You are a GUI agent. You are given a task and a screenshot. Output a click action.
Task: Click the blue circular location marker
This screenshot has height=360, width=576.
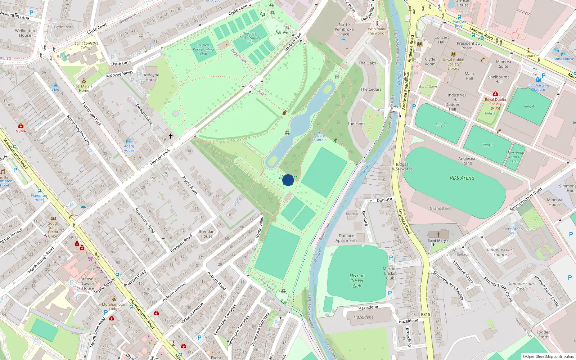[288, 180]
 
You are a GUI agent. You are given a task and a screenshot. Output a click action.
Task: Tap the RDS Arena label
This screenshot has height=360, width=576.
[462, 178]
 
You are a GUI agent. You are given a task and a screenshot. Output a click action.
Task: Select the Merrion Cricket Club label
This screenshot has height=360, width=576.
[357, 281]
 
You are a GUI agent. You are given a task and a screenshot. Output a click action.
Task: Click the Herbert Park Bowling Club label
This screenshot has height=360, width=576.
[203, 50]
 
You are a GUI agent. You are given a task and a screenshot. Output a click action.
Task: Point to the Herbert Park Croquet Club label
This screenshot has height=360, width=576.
[250, 38]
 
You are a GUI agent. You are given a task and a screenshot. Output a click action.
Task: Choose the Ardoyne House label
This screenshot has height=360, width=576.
[151, 77]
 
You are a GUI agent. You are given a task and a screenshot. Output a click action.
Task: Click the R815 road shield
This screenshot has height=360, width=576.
[426, 314]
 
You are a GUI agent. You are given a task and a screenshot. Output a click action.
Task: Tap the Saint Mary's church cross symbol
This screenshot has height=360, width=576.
[438, 234]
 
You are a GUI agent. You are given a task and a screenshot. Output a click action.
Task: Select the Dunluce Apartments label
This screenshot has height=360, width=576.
[346, 238]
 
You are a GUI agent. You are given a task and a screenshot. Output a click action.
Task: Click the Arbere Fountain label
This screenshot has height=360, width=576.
[319, 138]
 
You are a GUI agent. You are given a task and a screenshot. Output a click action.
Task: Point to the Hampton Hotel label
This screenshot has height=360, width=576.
[39, 198]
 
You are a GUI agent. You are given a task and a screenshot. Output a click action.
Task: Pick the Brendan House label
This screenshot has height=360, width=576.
[206, 234]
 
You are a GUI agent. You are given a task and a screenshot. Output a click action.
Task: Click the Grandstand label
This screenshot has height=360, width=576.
[440, 208]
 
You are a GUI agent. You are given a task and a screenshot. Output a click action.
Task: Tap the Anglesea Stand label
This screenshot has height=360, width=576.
[467, 161]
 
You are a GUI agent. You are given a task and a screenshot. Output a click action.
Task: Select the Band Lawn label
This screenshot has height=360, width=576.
[428, 86]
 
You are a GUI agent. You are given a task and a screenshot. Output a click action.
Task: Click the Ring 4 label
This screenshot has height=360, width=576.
[529, 106]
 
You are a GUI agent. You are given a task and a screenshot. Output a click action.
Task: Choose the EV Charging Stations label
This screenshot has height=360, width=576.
[539, 87]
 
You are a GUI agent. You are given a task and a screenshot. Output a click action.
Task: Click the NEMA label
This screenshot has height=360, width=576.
[21, 131]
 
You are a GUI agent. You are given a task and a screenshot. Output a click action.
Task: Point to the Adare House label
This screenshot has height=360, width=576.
[129, 148]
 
